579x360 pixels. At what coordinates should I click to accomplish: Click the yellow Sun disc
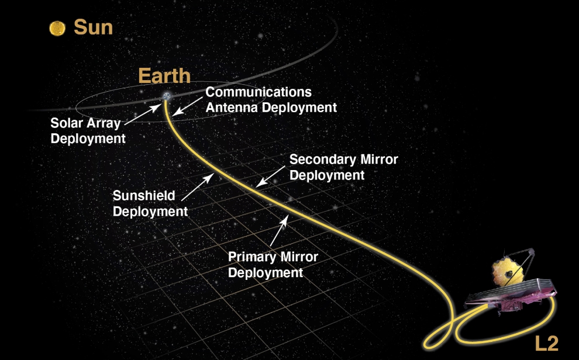(x=57, y=29)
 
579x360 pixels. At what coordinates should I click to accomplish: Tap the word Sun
(x=94, y=27)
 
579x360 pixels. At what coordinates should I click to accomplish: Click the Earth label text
(x=164, y=75)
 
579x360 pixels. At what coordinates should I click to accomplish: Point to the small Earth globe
(x=167, y=96)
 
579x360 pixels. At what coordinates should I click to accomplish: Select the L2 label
(x=546, y=344)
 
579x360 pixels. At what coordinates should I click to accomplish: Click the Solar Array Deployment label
(x=88, y=130)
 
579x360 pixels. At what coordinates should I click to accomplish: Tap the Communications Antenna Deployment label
(x=271, y=99)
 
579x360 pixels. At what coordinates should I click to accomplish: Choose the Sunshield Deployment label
(x=150, y=203)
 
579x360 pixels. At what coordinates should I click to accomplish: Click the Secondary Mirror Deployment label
(x=343, y=167)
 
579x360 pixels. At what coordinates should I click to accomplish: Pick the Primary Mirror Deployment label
(x=273, y=265)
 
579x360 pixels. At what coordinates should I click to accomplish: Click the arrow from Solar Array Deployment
(x=143, y=115)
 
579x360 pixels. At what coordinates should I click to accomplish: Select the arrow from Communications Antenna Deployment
(x=188, y=106)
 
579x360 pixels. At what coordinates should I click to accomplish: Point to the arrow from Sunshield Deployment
(x=198, y=187)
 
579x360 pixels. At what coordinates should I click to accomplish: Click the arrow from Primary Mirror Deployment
(x=279, y=230)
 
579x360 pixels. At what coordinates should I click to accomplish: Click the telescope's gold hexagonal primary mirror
(x=508, y=272)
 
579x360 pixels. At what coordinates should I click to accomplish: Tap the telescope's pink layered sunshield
(x=511, y=296)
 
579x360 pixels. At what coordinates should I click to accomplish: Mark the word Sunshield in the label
(x=144, y=196)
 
